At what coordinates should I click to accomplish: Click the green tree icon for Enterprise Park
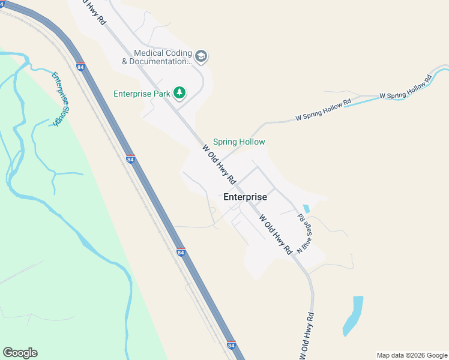tap(179, 92)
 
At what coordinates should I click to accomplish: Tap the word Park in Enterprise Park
tap(158, 94)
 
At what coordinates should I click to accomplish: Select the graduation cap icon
tap(201, 56)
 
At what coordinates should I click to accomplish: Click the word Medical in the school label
tap(149, 53)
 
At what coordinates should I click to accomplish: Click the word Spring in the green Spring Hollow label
tap(225, 142)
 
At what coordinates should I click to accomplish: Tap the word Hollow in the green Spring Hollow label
tap(252, 142)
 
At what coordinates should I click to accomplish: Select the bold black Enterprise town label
tap(245, 196)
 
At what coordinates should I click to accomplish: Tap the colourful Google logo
tap(20, 353)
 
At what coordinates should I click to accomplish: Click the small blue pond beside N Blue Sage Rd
tap(307, 209)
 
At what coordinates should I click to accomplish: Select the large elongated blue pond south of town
tap(353, 315)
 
